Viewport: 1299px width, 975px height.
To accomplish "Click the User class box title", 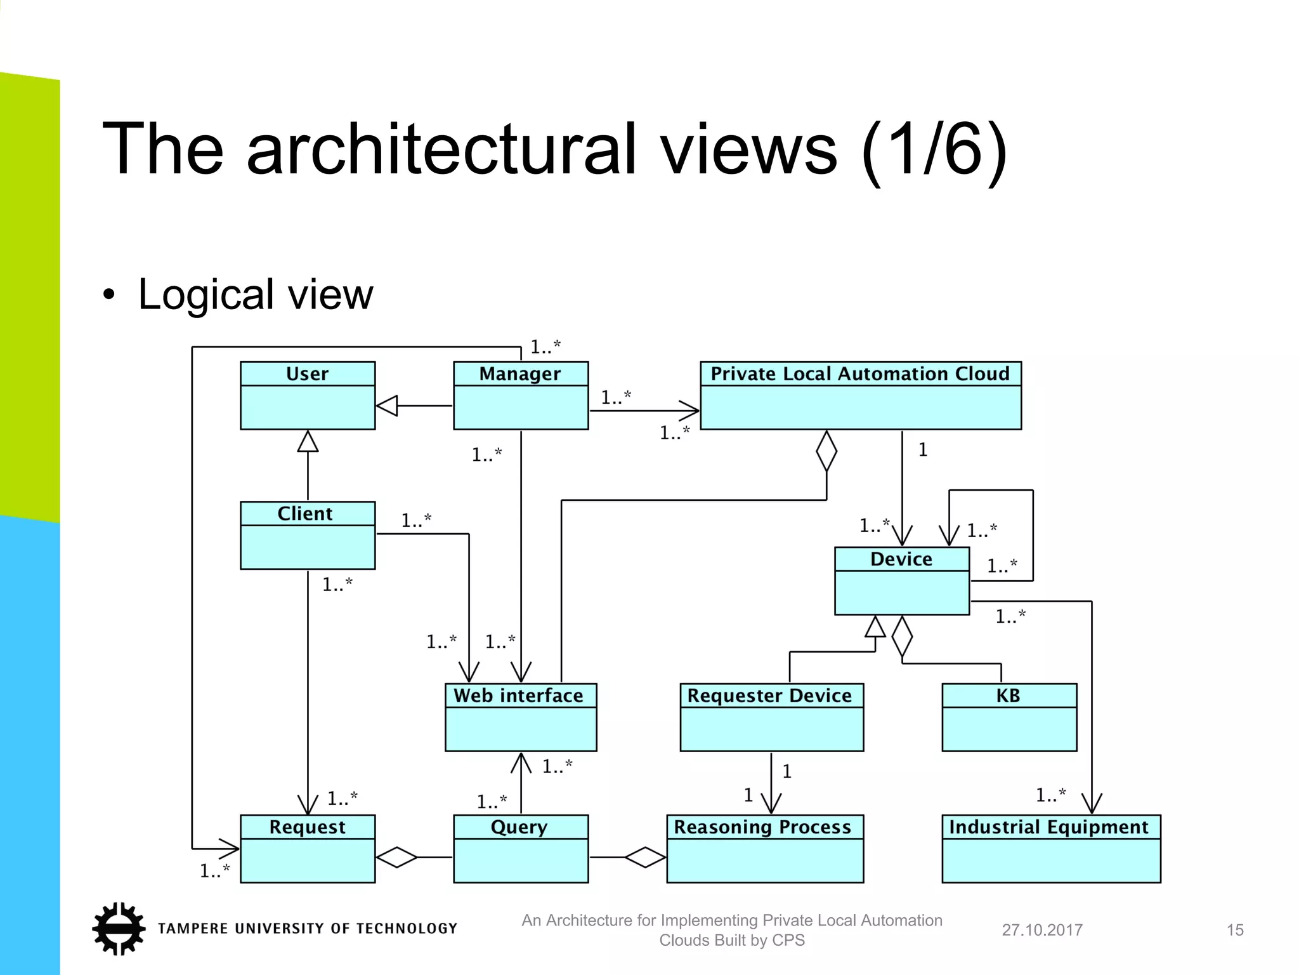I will (307, 374).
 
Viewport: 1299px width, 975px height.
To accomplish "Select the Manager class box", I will (520, 395).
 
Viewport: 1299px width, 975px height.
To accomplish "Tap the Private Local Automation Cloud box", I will (860, 395).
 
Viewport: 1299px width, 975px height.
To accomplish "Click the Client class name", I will (304, 514).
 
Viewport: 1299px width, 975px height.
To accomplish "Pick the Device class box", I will (901, 581).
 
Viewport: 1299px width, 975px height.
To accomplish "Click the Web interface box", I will (520, 717).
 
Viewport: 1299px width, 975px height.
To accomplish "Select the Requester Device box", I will (771, 717).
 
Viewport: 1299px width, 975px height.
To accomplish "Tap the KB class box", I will (1009, 717).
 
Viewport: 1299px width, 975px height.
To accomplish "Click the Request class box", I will (307, 849).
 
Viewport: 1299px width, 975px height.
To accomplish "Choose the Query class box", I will (520, 849).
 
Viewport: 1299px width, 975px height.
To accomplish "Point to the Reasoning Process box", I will (764, 849).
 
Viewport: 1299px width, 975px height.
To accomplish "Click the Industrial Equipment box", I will (1050, 849).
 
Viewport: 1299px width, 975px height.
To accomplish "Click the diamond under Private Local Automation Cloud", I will (826, 451).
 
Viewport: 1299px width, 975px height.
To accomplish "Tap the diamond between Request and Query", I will (397, 858).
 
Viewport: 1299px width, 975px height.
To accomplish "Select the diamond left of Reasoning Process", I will (645, 858).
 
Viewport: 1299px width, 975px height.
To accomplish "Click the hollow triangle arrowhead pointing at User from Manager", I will (387, 406).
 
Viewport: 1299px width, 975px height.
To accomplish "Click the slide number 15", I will (1234, 930).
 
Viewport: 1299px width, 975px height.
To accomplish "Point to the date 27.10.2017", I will (1041, 930).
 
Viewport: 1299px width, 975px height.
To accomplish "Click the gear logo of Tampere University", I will (119, 928).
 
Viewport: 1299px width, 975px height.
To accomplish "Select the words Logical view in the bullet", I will (255, 294).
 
